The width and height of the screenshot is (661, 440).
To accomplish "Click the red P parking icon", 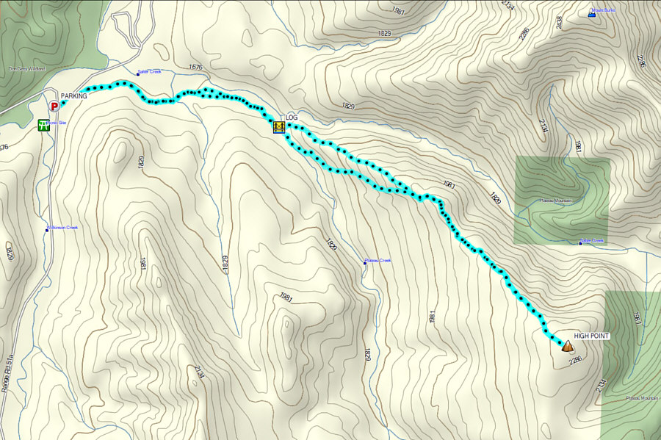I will point(54,106).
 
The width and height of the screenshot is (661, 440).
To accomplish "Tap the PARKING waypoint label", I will point(73,96).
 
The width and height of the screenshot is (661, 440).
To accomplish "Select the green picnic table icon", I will point(45,125).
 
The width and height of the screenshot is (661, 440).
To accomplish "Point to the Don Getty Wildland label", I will point(26,68).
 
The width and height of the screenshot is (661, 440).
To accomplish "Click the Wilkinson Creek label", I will point(64,228).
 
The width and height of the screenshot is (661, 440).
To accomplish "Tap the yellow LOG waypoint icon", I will point(278,128).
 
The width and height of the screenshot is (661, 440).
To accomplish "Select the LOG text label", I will point(292,118).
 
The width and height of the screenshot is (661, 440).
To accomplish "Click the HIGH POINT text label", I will point(591,336).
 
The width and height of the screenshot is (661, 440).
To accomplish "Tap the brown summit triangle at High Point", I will point(567,345).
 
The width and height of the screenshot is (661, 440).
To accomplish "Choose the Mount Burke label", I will point(605,10).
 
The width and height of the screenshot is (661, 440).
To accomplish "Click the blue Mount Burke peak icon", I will point(593,13).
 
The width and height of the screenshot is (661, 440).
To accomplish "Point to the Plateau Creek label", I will point(379,260).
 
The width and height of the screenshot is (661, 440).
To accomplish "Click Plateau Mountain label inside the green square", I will point(557,201).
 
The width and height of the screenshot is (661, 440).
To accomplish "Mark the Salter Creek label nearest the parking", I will point(149,72).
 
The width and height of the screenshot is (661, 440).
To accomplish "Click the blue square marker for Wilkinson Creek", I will point(47,230).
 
